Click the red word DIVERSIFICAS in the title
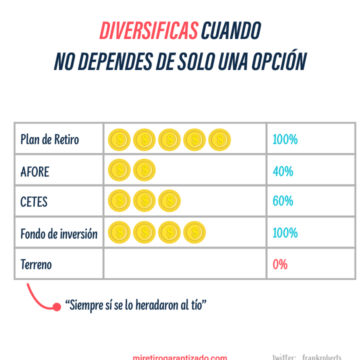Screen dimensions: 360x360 pos(148,31)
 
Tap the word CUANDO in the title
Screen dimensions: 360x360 pos(230,31)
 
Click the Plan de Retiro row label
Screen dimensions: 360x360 pos(49,139)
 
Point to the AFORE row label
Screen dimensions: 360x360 pos(34,171)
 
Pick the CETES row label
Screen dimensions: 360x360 pos(34,201)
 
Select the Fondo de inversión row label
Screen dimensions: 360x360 pos(59,233)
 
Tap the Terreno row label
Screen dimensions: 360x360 pos(36,264)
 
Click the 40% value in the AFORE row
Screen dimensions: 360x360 pos(283,171)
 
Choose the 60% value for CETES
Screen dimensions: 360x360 pos(283,201)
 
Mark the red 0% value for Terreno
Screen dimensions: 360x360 pos(280,264)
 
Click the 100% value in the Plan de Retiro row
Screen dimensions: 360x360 pos(285,139)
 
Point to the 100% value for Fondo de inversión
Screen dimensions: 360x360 pos(285,233)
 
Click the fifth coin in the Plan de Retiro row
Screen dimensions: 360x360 pos(219,139)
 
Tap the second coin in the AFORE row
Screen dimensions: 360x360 pos(144,170)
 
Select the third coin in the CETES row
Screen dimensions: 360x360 pos(169,201)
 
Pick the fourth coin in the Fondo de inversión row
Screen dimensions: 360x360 pos(194,232)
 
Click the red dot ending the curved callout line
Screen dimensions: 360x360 pos(56,306)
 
